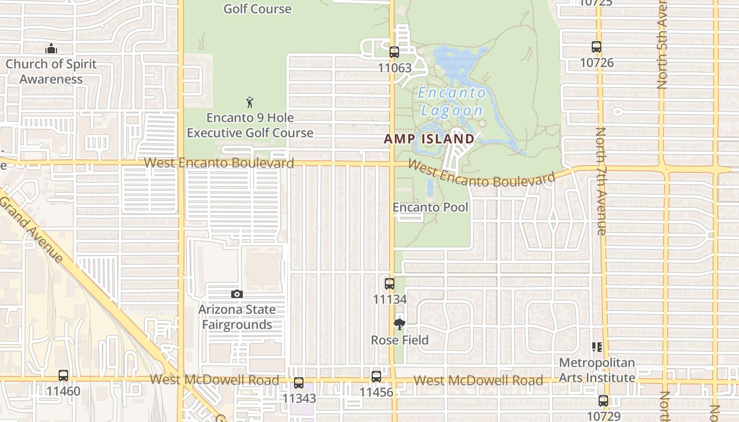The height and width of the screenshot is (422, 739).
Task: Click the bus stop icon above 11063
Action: pyautogui.click(x=394, y=52)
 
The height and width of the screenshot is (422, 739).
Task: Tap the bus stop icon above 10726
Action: pyautogui.click(x=596, y=47)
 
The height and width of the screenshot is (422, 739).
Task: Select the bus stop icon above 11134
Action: pyautogui.click(x=390, y=284)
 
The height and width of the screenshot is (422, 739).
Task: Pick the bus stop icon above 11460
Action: pyautogui.click(x=63, y=376)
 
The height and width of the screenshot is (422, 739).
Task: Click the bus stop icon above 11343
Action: pyautogui.click(x=299, y=383)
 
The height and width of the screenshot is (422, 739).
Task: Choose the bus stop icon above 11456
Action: pyautogui.click(x=376, y=377)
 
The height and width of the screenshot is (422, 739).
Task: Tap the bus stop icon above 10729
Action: pyautogui.click(x=603, y=401)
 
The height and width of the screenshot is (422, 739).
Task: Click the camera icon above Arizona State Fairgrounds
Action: pyautogui.click(x=237, y=294)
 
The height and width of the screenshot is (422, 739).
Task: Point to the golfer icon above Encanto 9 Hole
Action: pyautogui.click(x=250, y=102)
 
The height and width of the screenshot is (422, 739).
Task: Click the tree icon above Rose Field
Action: pyautogui.click(x=400, y=324)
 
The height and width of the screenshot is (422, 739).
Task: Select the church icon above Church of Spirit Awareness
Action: pyautogui.click(x=51, y=49)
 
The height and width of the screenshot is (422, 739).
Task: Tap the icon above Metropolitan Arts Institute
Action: pyautogui.click(x=597, y=347)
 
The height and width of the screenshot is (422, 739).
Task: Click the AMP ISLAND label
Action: pyautogui.click(x=429, y=139)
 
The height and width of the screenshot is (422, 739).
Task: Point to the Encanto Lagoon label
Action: pyautogui.click(x=451, y=102)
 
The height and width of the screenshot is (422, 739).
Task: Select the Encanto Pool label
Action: pyautogui.click(x=430, y=207)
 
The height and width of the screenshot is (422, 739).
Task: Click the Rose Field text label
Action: pyautogui.click(x=400, y=340)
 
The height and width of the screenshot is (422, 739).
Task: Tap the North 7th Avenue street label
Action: pyautogui.click(x=601, y=181)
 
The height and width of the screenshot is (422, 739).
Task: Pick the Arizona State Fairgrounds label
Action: pyautogui.click(x=236, y=317)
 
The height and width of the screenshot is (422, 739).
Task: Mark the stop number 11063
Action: pyautogui.click(x=394, y=68)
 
